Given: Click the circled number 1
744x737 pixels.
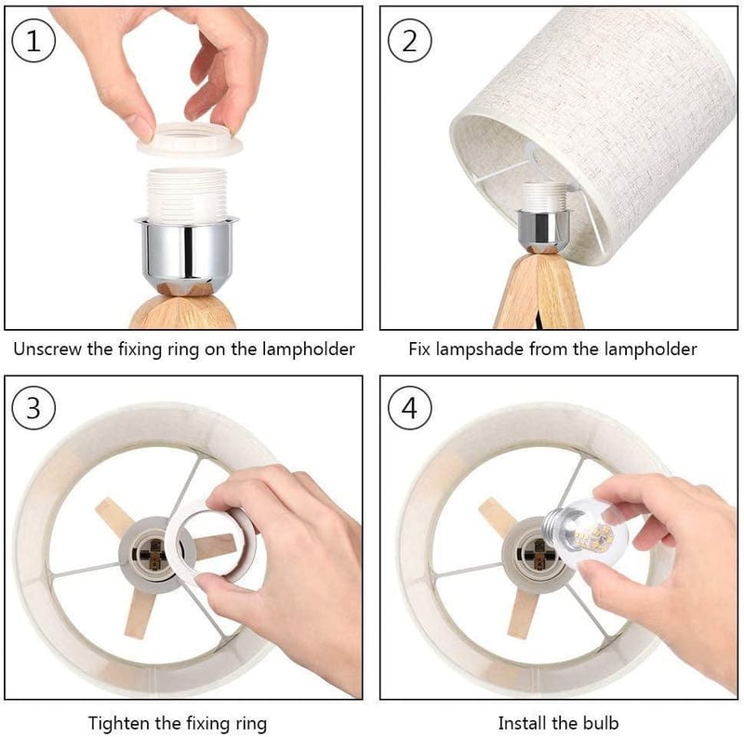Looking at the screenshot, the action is coord(33,41).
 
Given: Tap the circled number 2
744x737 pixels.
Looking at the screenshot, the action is coord(409,41).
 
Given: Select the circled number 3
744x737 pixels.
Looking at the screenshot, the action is coord(33,408).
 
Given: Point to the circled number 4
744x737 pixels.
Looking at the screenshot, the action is coord(409,408).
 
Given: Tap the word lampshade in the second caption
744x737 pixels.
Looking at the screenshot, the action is coord(479,350).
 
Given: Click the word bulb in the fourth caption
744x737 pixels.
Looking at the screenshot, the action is coord(601,723).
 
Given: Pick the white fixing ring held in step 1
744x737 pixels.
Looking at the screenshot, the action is coord(190,140).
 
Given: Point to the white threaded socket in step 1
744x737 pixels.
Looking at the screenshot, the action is coord(187,194).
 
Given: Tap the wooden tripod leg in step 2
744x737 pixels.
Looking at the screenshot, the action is coord(538,293).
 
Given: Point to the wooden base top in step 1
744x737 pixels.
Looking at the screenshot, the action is coord(183,309).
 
